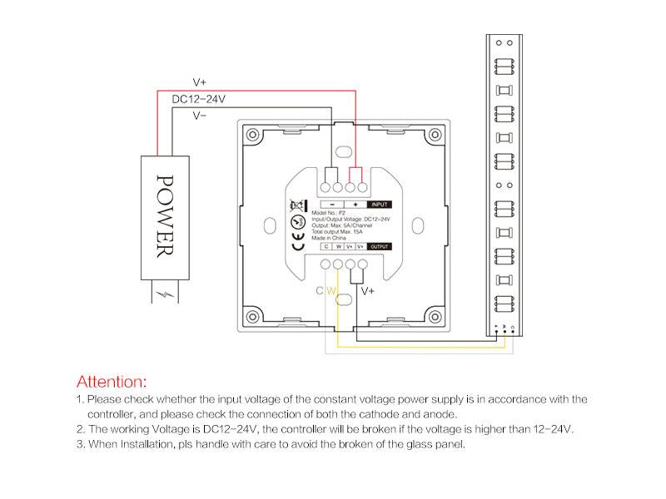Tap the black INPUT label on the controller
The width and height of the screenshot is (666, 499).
click(x=380, y=204)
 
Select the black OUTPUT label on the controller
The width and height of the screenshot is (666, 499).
click(x=379, y=246)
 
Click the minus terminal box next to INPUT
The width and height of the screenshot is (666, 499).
click(x=331, y=204)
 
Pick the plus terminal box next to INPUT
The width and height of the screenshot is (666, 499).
click(x=355, y=204)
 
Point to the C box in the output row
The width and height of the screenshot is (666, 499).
click(x=327, y=246)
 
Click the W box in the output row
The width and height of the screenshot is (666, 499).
click(x=338, y=246)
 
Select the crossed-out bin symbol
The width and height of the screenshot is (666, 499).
click(x=297, y=205)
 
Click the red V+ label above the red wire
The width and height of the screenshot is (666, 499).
click(x=200, y=82)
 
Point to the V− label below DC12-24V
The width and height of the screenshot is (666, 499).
click(x=200, y=116)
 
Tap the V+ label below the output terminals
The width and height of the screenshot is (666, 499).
click(x=367, y=291)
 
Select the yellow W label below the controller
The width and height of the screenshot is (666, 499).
click(x=331, y=291)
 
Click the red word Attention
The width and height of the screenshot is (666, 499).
click(x=112, y=383)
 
